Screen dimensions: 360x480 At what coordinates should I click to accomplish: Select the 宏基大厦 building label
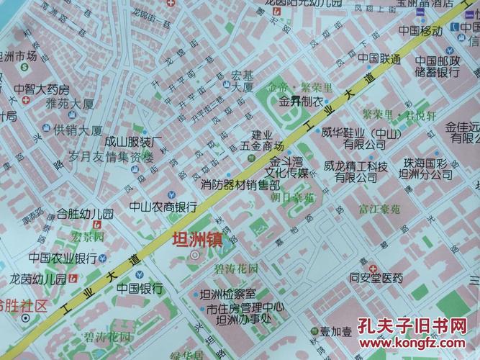tap(242, 81)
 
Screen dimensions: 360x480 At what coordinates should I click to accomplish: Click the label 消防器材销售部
tap(240, 184)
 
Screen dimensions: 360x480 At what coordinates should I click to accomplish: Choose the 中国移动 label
tap(420, 31)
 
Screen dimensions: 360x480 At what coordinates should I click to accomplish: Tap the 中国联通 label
tap(379, 58)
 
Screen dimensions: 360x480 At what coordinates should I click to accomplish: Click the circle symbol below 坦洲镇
tap(195, 255)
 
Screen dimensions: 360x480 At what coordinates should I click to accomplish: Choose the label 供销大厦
tap(77, 130)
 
